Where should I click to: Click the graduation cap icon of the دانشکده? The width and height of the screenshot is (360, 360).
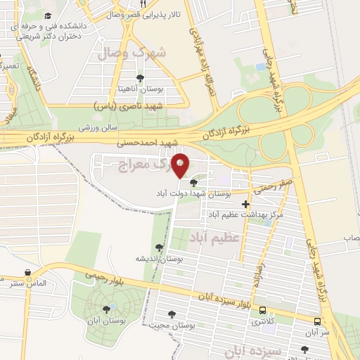pyautogui.click(x=48, y=15)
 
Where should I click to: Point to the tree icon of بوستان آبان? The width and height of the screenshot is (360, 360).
pyautogui.click(x=106, y=309)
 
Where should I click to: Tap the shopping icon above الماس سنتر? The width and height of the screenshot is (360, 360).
pyautogui.click(x=27, y=273)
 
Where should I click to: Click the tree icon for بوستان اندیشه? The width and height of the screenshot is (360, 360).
pyautogui.click(x=160, y=247)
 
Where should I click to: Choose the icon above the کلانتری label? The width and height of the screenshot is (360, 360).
pyautogui.click(x=262, y=310)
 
